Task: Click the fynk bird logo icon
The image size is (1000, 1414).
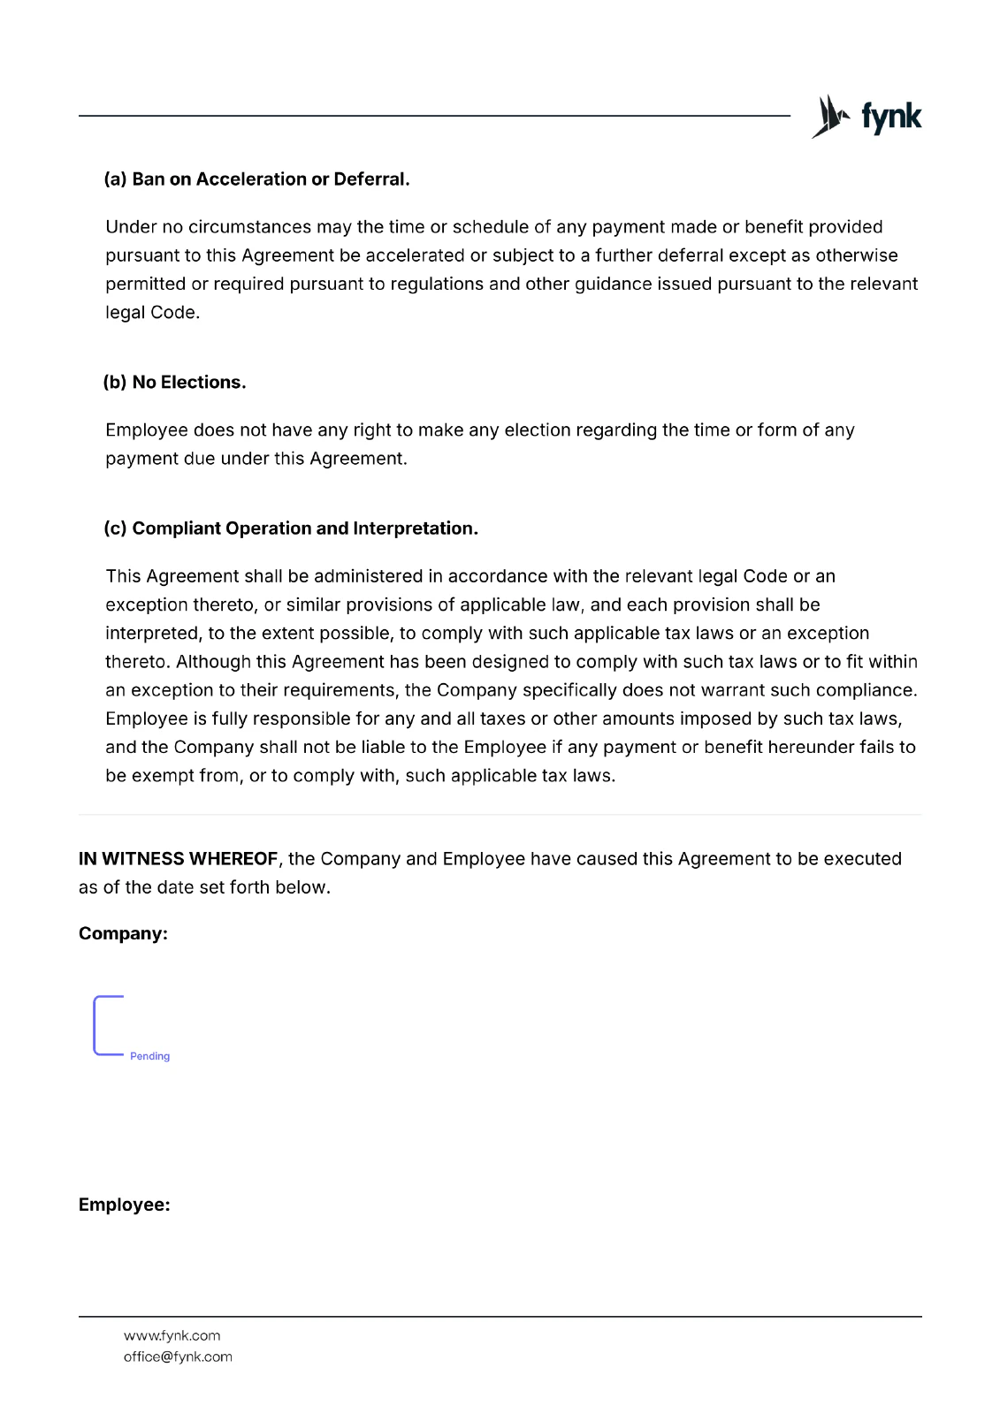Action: point(829,117)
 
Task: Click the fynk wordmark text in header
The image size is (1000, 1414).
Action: point(891,117)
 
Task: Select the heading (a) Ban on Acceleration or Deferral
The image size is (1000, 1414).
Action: point(256,179)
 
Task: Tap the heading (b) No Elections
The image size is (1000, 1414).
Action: point(174,383)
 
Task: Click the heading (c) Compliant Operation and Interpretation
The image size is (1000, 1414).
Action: point(291,528)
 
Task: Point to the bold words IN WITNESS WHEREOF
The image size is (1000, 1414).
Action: point(178,859)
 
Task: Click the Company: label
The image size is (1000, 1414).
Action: point(123,934)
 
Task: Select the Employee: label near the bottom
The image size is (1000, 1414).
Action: point(124,1205)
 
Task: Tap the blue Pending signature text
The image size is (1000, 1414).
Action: point(149,1057)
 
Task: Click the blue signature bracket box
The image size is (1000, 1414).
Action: point(108,1025)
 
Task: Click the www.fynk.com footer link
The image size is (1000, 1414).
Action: point(172,1336)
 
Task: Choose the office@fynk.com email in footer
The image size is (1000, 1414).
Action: point(178,1357)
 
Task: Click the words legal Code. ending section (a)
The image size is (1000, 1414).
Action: point(152,313)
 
